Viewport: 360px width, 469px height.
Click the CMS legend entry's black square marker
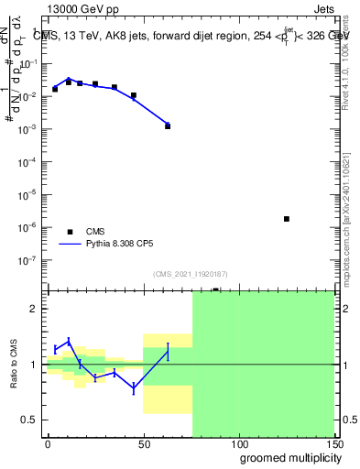pos(70,232)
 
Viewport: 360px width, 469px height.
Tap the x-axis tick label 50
pos(143,444)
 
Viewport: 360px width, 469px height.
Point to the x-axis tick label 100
pos(238,444)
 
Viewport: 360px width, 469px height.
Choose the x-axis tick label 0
pos(48,444)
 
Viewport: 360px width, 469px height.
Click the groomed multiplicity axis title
pos(285,457)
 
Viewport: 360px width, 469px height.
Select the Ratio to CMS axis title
pos(14,364)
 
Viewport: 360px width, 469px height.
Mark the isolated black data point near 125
pos(287,219)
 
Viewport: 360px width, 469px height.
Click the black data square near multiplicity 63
pos(168,125)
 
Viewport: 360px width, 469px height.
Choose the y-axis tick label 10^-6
pos(29,226)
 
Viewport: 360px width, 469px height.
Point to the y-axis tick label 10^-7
pos(29,259)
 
